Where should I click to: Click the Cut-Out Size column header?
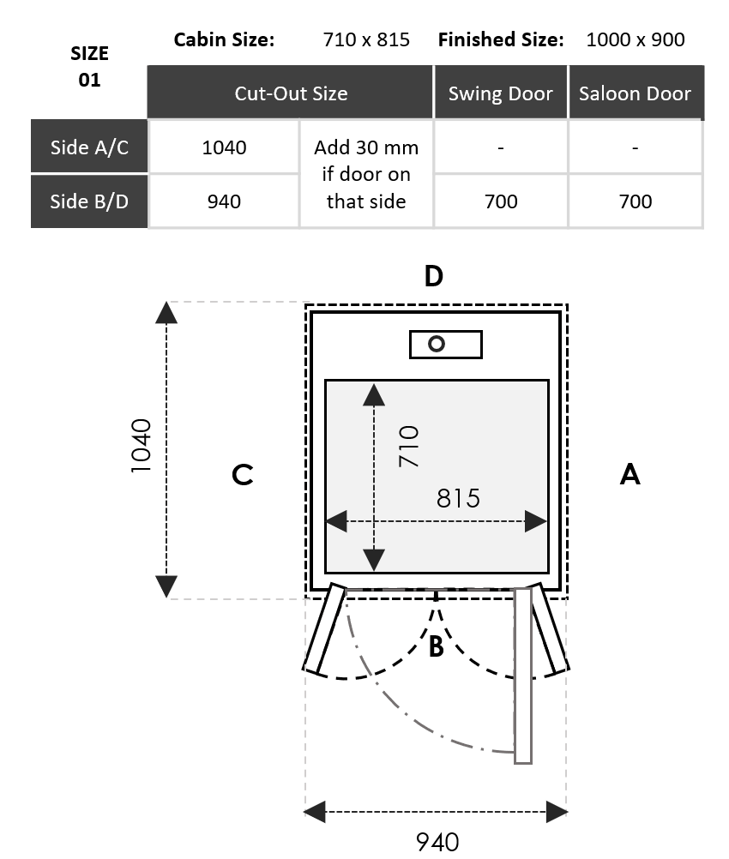tap(291, 93)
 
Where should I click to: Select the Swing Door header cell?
tap(500, 93)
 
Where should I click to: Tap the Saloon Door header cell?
tap(635, 93)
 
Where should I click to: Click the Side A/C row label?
tap(89, 147)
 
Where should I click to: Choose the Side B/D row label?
tap(89, 201)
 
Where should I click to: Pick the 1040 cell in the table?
tap(224, 147)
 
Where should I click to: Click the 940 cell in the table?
tap(224, 201)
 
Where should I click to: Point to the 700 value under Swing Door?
tap(500, 201)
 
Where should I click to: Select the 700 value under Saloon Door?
tap(635, 201)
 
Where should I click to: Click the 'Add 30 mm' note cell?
tap(366, 174)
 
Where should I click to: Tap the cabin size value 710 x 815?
tap(366, 39)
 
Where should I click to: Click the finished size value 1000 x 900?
tap(635, 39)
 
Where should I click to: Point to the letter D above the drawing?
tap(434, 276)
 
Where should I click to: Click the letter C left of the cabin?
tap(243, 475)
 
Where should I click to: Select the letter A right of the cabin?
tap(630, 473)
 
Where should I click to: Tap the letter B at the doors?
tap(436, 646)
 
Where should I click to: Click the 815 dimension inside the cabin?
tap(458, 497)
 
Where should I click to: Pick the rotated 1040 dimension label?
tap(141, 446)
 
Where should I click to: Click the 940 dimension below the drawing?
tap(437, 842)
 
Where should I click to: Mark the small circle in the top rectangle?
tap(437, 345)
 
